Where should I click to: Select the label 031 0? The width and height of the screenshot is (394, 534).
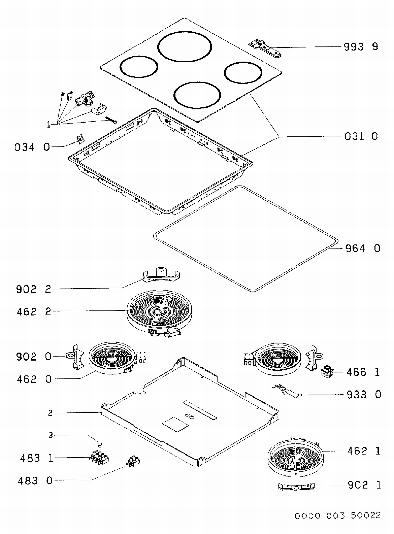pos(361,136)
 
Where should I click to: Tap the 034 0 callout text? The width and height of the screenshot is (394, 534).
pos(32,147)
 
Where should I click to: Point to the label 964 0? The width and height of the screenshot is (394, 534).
pos(362,248)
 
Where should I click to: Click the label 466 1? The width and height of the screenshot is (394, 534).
pos(363,372)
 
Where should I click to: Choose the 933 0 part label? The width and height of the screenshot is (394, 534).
pos(364,395)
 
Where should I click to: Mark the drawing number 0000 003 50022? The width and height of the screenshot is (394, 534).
pos(338,516)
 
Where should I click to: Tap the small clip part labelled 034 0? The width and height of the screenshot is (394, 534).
pos(80,139)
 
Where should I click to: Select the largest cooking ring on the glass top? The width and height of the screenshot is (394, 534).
pos(185,47)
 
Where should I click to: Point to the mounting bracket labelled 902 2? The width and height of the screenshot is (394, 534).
pos(161,275)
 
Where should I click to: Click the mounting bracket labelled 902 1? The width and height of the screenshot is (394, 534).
pos(296,487)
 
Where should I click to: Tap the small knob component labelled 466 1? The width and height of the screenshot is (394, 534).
pos(327,371)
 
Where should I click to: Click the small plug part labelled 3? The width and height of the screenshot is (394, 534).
pos(100,444)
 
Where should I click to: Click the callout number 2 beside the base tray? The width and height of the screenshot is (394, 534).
pos(50,413)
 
